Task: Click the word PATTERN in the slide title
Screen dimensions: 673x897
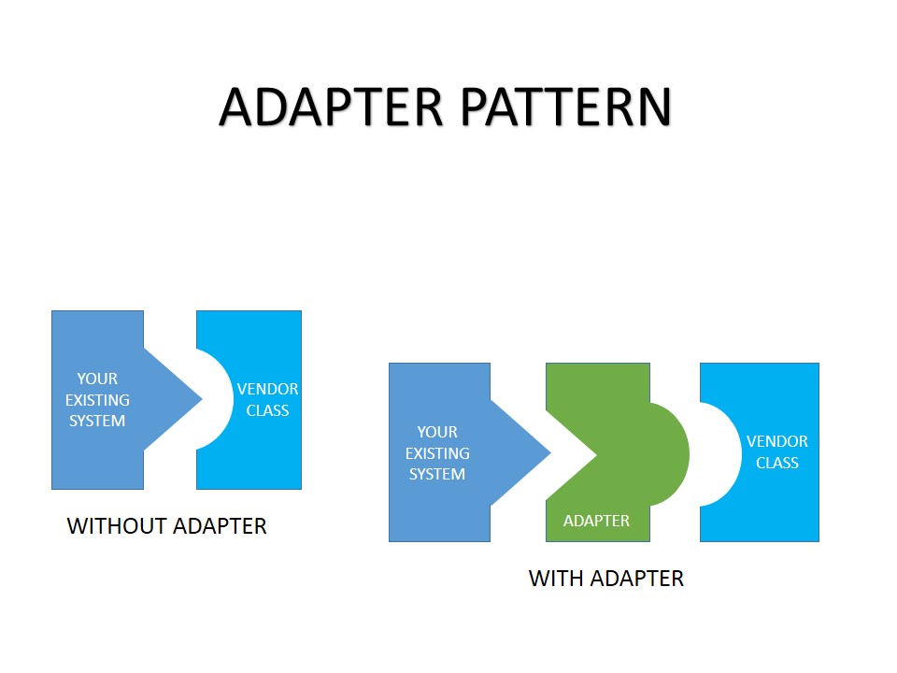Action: (565, 107)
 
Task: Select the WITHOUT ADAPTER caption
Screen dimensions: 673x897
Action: (167, 526)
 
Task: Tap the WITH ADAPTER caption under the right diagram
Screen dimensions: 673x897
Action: (606, 579)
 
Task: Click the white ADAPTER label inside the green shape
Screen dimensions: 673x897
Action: (596, 521)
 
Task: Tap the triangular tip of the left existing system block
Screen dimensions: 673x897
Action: (187, 399)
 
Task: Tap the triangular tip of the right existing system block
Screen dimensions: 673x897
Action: (534, 453)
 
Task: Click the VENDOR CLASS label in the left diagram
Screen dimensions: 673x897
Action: (267, 400)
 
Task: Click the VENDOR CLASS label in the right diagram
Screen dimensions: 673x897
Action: (777, 452)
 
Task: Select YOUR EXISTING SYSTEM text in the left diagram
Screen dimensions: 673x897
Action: (97, 400)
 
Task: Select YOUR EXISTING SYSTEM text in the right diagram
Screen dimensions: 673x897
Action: (437, 453)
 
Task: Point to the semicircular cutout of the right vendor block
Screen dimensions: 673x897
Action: (718, 454)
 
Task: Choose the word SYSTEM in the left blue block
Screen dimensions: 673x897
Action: (97, 421)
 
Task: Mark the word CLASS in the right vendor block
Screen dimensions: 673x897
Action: (777, 464)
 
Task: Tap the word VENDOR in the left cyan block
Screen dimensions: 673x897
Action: (267, 389)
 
